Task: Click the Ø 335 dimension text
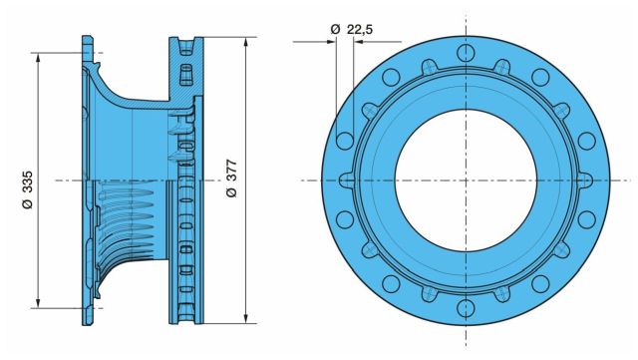[x=28, y=189]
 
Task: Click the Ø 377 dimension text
[x=230, y=179]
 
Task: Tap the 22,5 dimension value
[x=360, y=29]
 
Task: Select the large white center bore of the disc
[x=466, y=180]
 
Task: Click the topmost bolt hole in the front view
[x=466, y=53]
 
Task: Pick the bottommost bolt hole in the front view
[x=466, y=308]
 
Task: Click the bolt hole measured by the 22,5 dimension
[x=345, y=141]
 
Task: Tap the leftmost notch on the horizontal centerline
[x=347, y=180]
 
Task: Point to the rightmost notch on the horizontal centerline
[x=585, y=180]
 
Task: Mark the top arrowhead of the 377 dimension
[x=246, y=42]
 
